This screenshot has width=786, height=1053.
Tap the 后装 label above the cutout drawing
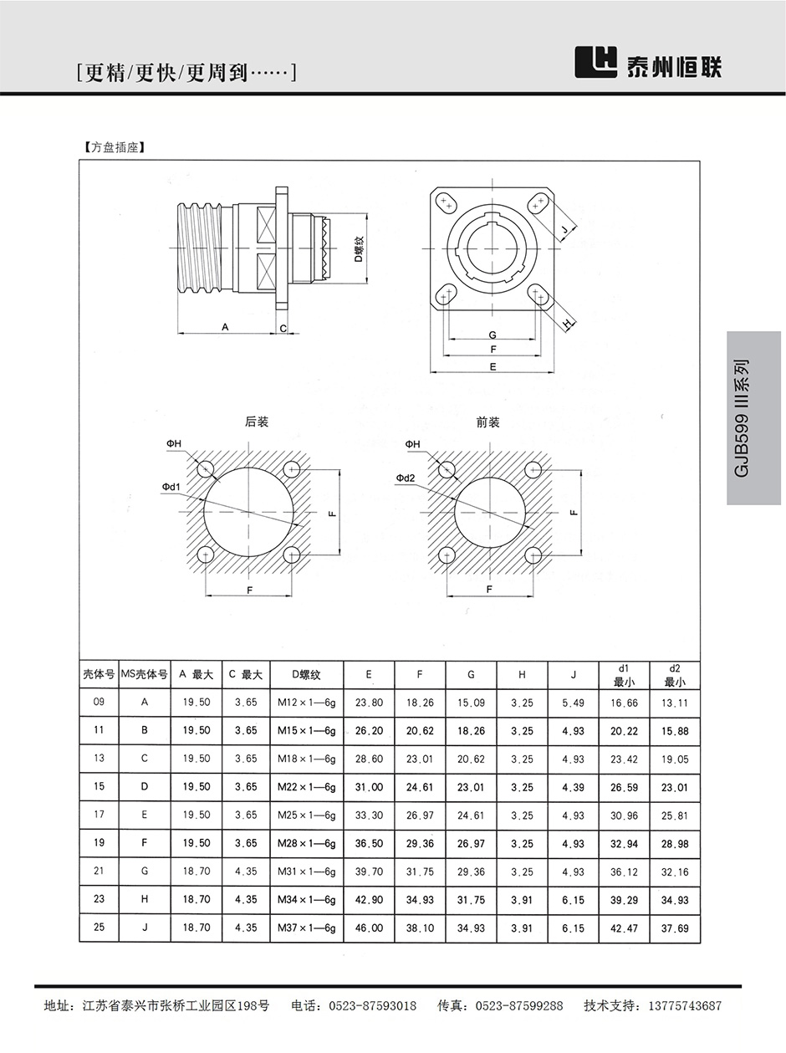[257, 422]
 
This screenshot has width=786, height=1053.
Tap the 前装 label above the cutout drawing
[487, 422]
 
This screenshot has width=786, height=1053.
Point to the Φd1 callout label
[172, 486]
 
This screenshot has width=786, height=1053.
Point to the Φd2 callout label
[406, 478]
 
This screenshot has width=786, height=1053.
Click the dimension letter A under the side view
[226, 327]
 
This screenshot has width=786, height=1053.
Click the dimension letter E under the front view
[493, 366]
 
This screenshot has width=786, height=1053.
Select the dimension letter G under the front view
[493, 335]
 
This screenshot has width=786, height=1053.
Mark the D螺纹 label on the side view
[358, 248]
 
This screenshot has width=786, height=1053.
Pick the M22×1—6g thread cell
[306, 787]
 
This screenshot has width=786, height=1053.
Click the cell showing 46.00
[369, 928]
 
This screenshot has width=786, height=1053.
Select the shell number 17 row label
[100, 815]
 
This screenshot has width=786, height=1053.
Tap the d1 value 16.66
[624, 703]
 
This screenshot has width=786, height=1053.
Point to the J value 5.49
[574, 703]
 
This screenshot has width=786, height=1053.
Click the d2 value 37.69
[675, 928]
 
